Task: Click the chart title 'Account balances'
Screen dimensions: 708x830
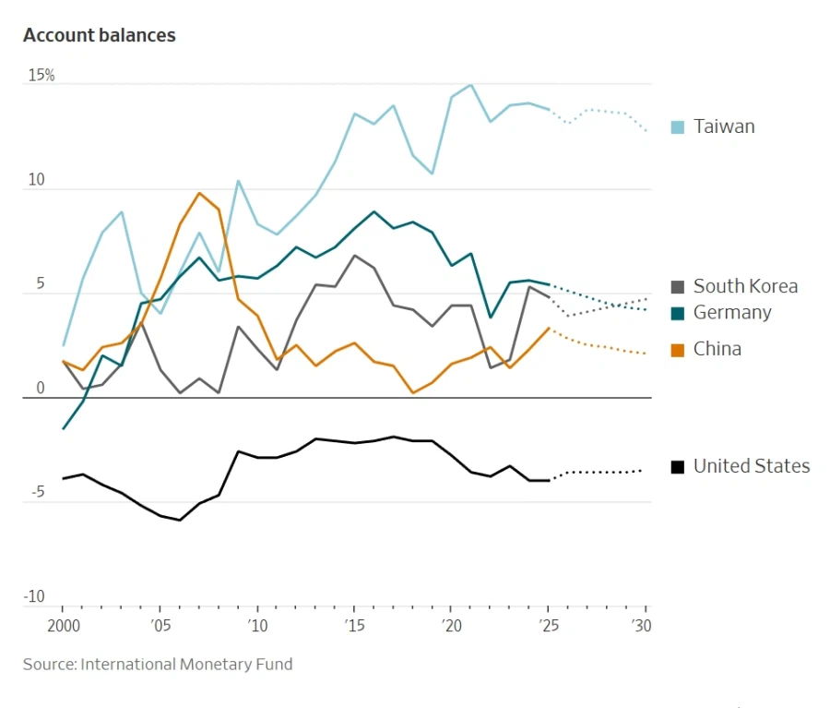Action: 100,35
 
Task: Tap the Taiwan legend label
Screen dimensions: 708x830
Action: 724,126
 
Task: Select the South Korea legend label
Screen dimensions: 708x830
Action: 745,286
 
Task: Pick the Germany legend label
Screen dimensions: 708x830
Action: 732,312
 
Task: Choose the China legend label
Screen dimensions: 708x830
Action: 717,349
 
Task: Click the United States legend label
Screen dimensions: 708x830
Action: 752,466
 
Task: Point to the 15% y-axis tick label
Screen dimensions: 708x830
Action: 41,76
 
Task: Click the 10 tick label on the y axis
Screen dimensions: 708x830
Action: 36,180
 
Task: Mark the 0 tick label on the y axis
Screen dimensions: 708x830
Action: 40,389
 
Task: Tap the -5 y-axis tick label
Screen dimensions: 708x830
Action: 36,493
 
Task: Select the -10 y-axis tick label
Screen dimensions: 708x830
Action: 34,597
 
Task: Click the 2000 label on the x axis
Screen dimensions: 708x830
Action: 62,625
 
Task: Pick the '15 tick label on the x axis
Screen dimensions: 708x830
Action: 354,625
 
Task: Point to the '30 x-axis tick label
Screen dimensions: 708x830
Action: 644,625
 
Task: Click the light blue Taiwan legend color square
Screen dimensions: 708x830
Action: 678,127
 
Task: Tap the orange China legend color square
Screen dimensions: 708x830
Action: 678,350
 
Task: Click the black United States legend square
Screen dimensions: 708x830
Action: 678,467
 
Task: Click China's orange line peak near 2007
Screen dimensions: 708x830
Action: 199,193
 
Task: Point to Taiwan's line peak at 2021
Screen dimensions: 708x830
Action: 471,85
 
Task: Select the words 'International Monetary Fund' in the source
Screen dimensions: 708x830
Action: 186,664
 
